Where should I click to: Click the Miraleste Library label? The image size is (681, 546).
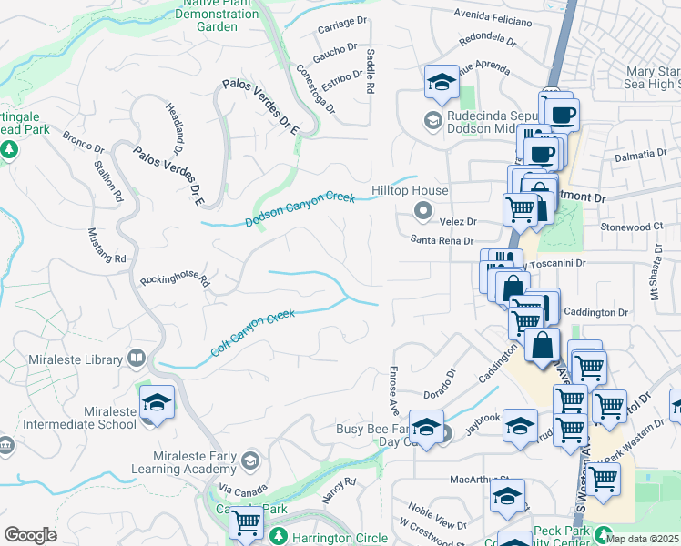(76, 359)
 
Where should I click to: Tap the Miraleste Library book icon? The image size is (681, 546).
(137, 358)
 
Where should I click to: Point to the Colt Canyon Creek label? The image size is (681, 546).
(253, 334)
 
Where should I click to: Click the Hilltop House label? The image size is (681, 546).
(410, 191)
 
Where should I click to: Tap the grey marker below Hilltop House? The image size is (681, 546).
(422, 212)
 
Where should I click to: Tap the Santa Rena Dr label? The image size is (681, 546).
(442, 241)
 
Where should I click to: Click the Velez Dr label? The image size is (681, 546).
(458, 221)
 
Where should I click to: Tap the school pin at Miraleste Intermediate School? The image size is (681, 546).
(157, 403)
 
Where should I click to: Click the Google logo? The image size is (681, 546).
(30, 535)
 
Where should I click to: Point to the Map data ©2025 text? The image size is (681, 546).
(643, 539)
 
